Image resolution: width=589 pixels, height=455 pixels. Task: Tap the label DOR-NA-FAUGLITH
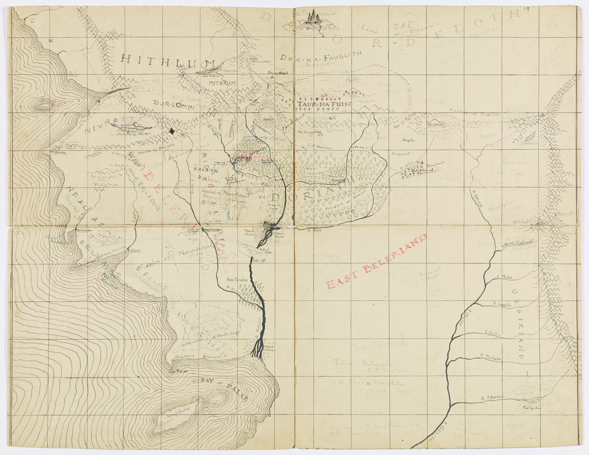click(323, 58)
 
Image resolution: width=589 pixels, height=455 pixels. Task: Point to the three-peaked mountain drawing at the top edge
click(315, 17)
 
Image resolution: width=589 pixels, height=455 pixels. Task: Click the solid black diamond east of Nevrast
click(172, 131)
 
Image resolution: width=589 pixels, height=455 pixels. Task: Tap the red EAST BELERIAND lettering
click(376, 262)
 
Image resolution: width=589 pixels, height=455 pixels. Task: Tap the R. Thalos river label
click(504, 277)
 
